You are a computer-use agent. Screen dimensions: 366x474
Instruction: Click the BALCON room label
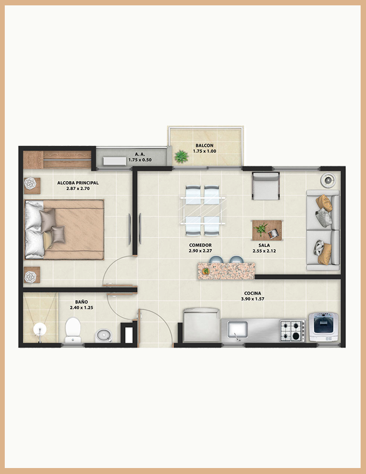coord(204,145)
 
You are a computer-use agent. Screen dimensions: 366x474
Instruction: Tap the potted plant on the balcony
coord(181,157)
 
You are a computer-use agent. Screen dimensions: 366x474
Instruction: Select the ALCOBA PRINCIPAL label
coord(78,183)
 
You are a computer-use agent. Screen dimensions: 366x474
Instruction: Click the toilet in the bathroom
coord(73,330)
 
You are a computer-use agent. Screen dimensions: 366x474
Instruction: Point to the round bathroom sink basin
coord(104,336)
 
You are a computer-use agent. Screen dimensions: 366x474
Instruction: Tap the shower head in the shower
coord(39,329)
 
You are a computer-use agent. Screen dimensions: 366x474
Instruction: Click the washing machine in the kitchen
coord(324,327)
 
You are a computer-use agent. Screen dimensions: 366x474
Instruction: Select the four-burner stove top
coord(293,331)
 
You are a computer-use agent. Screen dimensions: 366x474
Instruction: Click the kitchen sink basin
coord(237,330)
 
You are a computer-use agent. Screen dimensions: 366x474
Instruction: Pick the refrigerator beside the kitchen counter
coord(201,325)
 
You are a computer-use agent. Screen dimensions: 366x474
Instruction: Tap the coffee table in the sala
coord(268,230)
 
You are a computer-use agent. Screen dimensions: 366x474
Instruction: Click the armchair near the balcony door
coord(266,186)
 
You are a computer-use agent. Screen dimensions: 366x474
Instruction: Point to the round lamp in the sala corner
coord(328,180)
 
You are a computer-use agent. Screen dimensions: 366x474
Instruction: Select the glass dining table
coord(203,210)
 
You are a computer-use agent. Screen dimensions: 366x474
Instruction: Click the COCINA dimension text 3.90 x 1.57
coord(253,299)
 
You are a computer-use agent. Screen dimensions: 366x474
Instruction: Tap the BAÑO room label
coord(82,302)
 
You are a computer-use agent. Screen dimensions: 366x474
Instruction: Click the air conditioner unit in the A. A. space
coord(114,161)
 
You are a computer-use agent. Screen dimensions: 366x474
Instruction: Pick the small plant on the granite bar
coord(206,271)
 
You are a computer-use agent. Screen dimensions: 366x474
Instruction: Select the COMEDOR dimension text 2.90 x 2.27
coord(200,251)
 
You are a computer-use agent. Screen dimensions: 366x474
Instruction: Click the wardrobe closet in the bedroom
coord(57,160)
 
